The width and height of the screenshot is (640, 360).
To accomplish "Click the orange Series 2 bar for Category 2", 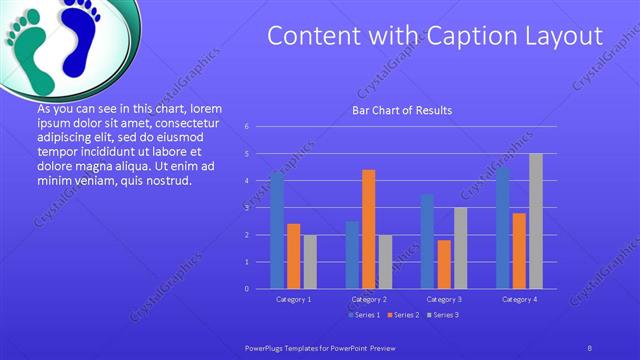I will click(368, 229).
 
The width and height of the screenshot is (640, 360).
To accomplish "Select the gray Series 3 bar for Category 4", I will click(536, 221).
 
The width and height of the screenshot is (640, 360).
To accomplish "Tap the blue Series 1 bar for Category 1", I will click(277, 230).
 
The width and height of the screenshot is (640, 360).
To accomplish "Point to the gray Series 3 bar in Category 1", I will click(310, 262).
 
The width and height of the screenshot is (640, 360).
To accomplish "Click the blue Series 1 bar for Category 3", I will click(427, 241).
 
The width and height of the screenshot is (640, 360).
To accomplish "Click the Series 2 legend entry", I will click(401, 315).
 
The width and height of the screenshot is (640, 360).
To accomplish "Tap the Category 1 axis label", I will click(293, 299).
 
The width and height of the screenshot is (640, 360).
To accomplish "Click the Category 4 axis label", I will click(519, 299).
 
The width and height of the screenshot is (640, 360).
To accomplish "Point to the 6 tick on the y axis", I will click(246, 127).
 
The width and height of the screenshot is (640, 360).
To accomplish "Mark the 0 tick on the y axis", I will click(246, 289).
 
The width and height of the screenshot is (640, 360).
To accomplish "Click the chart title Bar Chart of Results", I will click(402, 110).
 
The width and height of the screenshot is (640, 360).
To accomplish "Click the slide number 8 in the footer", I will click(590, 346).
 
